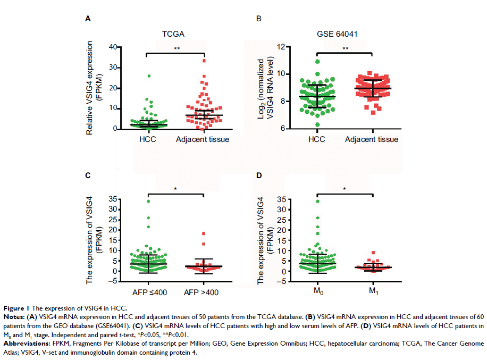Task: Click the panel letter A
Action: click(x=88, y=19)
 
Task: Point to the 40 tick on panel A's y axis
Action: click(x=127, y=47)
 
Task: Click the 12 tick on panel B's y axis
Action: click(x=297, y=47)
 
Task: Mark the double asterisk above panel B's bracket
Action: click(x=345, y=49)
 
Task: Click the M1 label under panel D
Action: click(x=373, y=292)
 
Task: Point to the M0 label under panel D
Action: click(x=317, y=292)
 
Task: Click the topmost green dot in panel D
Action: click(x=317, y=201)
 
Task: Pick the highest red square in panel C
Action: click(x=203, y=234)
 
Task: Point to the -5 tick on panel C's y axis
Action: click(x=128, y=281)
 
